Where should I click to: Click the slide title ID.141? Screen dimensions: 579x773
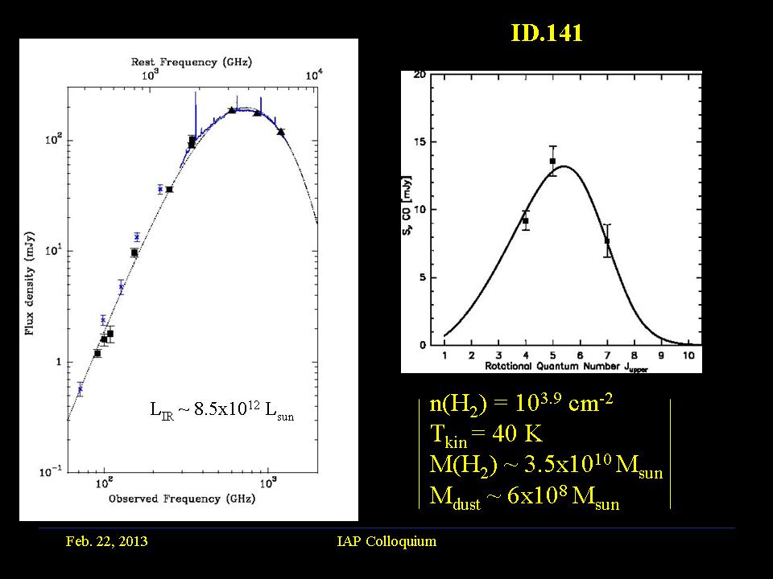coord(546,33)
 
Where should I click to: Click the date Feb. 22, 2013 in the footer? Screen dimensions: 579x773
coord(106,541)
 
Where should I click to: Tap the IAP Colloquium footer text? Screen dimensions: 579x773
coord(386,541)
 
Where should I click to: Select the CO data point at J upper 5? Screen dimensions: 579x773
coord(552,161)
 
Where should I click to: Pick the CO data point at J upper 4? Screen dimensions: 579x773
coord(525,220)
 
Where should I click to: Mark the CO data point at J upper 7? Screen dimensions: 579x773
coord(607,240)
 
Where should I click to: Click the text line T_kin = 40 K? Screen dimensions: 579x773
coord(486,435)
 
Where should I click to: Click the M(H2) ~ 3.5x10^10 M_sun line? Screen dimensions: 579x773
coord(547,466)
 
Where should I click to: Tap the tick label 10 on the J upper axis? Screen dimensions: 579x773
coord(688,354)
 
